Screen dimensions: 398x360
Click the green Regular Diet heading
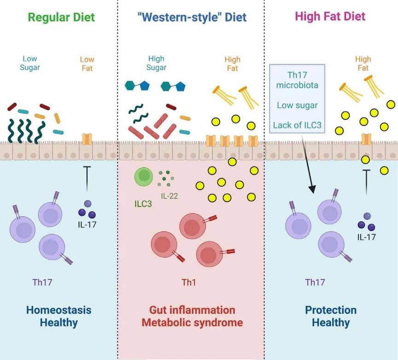[61, 18]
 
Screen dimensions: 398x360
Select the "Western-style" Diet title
[192, 17]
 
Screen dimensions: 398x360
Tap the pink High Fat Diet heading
[330, 16]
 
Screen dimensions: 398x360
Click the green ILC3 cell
[144, 177]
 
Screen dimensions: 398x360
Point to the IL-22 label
[170, 196]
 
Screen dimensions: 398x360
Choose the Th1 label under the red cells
[188, 282]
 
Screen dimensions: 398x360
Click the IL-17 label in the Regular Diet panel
[87, 224]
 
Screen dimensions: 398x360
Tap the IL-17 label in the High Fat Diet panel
[366, 237]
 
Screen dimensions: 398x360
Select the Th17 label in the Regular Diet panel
[42, 282]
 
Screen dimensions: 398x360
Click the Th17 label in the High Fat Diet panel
[315, 282]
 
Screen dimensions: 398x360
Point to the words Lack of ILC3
[297, 125]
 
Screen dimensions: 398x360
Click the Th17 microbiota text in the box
[297, 80]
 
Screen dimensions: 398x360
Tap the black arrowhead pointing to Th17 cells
[313, 189]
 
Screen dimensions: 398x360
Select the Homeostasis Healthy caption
[59, 316]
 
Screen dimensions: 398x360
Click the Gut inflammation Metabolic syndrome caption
[192, 316]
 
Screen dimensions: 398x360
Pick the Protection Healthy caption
[331, 316]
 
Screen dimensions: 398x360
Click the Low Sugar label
[29, 63]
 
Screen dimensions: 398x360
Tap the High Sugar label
[156, 63]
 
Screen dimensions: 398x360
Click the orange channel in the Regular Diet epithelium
[87, 139]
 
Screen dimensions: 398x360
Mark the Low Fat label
[87, 64]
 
